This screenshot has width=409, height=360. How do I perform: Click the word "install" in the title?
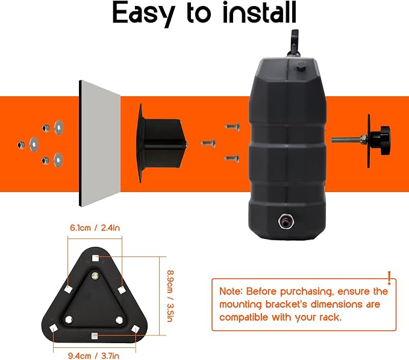pyautogui.click(x=260, y=13)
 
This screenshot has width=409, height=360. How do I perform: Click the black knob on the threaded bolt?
pyautogui.click(x=384, y=140)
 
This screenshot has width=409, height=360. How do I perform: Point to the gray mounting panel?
pyautogui.click(x=99, y=143)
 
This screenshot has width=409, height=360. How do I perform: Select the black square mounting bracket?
pyautogui.click(x=161, y=143)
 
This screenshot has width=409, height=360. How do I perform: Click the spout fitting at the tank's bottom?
pyautogui.click(x=286, y=222)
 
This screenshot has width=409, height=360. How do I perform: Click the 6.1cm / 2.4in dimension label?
pyautogui.click(x=95, y=228)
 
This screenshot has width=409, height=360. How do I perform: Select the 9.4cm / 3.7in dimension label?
pyautogui.click(x=93, y=356)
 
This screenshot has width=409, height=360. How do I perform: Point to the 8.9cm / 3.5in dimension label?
pyautogui.click(x=170, y=296)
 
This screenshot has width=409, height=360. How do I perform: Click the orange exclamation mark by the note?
pyautogui.click(x=389, y=278)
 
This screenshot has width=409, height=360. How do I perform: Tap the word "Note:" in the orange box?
pyautogui.click(x=231, y=291)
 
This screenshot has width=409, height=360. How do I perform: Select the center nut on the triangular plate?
pyautogui.click(x=95, y=276)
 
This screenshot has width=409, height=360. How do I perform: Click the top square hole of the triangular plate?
pyautogui.click(x=95, y=258)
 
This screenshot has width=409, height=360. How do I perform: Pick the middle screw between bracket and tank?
pyautogui.click(x=208, y=143)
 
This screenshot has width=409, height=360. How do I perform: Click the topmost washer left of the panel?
pyautogui.click(x=58, y=127)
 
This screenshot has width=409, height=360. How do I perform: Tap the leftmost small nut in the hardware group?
pyautogui.click(x=21, y=144)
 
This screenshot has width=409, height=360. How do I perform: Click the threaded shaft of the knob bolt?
pyautogui.click(x=346, y=140)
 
